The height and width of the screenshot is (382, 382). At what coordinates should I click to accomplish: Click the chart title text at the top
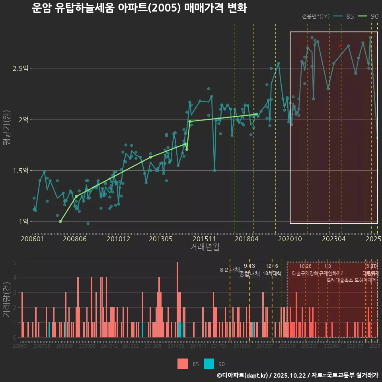(139, 8)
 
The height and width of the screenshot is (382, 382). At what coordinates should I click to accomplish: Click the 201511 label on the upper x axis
(204, 239)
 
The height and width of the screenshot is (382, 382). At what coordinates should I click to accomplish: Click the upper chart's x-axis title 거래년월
(205, 247)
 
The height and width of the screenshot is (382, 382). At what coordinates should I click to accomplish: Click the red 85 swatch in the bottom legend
(183, 364)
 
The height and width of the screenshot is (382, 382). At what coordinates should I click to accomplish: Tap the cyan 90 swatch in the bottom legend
(209, 364)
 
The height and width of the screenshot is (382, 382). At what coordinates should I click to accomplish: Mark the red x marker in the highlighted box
(339, 46)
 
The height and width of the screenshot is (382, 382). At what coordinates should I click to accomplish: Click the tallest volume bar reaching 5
(177, 300)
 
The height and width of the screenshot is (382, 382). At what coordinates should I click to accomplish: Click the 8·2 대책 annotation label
(227, 270)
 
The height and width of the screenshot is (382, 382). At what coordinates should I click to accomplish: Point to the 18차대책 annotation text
(272, 273)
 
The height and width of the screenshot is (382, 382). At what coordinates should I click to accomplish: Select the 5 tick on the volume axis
(14, 262)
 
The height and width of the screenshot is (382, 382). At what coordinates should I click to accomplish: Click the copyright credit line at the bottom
(297, 375)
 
